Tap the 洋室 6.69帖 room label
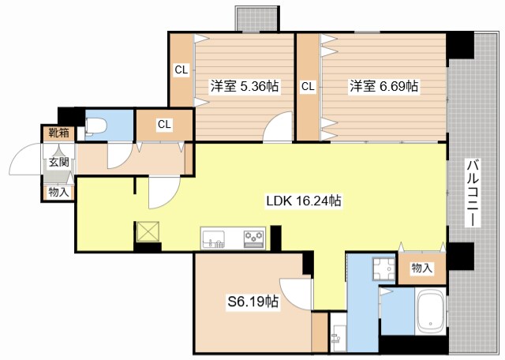click(x=384, y=86)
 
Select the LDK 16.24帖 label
click(x=303, y=201)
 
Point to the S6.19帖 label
click(x=252, y=301)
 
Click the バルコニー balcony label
click(x=471, y=193)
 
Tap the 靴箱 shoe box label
click(x=58, y=133)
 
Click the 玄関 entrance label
click(x=58, y=162)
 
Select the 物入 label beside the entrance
click(x=58, y=190)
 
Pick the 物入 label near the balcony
click(x=422, y=268)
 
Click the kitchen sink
click(x=214, y=238)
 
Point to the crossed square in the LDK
click(x=148, y=232)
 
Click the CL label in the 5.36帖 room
click(x=181, y=69)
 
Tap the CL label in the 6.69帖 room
click(x=307, y=86)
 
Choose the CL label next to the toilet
click(x=164, y=124)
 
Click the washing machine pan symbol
click(x=383, y=269)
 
